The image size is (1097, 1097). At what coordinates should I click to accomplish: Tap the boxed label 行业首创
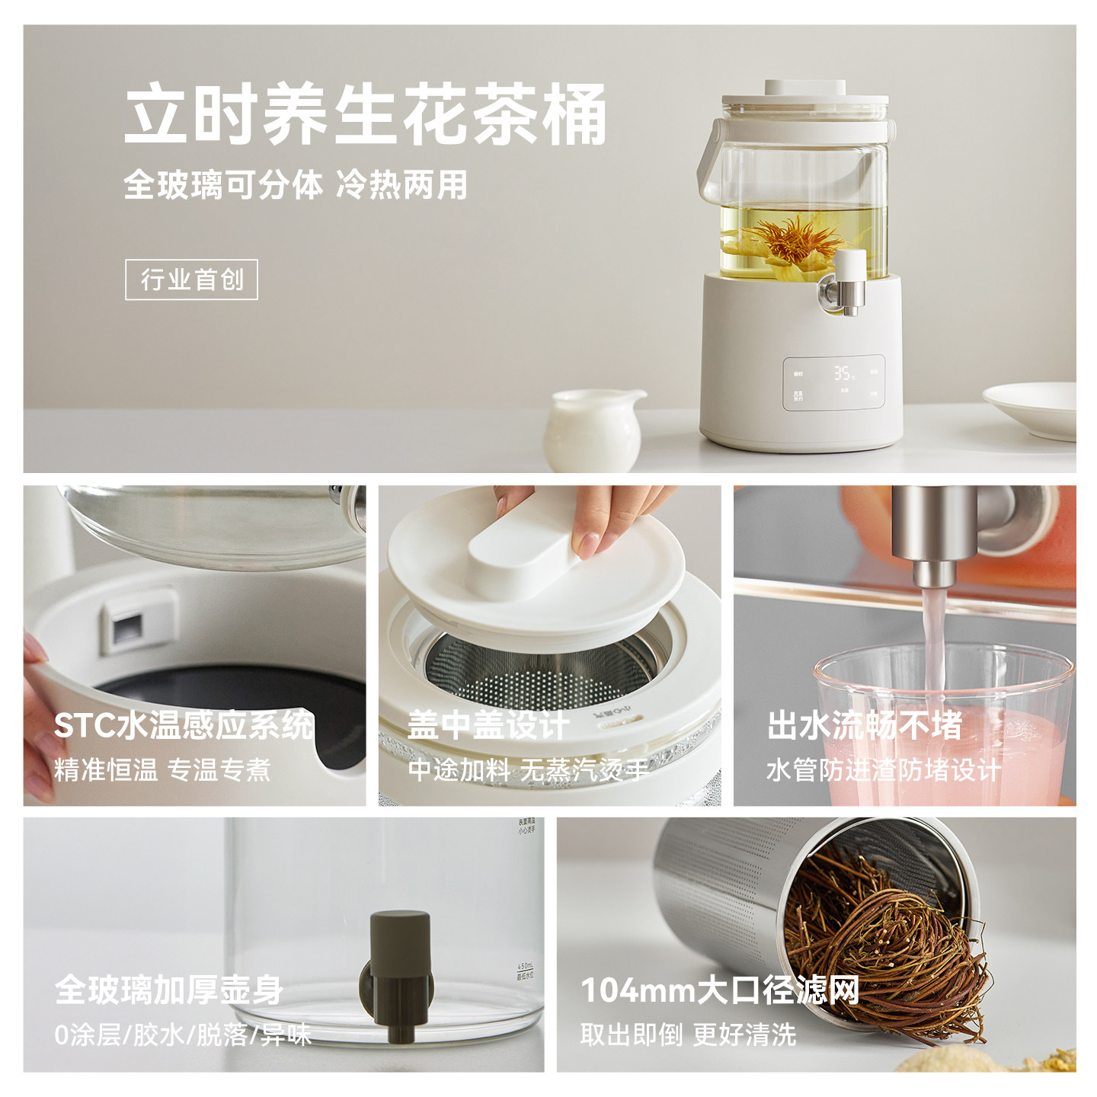[191, 280]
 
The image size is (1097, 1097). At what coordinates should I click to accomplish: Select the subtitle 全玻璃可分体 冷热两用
[296, 185]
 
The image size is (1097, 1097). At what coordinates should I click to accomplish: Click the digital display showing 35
[843, 373]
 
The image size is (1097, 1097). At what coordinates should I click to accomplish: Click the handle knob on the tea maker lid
[804, 88]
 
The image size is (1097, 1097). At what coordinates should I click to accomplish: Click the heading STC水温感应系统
[184, 725]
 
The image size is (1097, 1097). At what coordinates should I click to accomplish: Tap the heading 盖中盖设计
[488, 725]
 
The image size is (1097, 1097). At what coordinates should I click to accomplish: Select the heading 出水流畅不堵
[865, 725]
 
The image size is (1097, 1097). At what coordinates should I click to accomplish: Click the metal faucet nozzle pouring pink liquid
[934, 548]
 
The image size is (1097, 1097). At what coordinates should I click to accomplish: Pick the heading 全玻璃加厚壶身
[169, 990]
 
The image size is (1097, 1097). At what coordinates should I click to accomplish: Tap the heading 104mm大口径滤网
[720, 990]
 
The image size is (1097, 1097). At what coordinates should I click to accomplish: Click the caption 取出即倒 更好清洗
[688, 1035]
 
